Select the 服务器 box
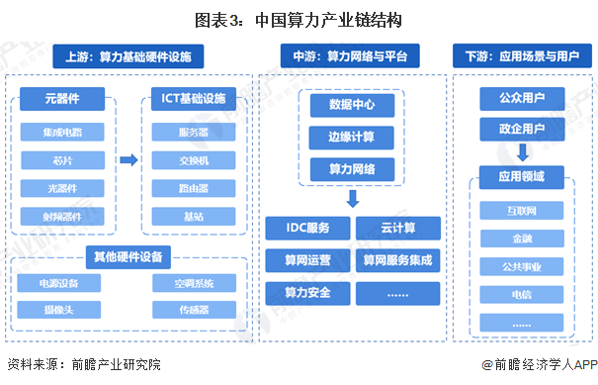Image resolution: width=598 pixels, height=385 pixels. pyautogui.click(x=194, y=130)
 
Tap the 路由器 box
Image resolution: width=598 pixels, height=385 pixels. pyautogui.click(x=194, y=187)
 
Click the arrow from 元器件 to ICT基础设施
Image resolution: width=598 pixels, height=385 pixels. pyautogui.click(x=128, y=158)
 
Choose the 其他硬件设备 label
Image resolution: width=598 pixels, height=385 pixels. pyautogui.click(x=128, y=256)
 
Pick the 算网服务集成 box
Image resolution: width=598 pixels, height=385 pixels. pyautogui.click(x=397, y=261)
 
